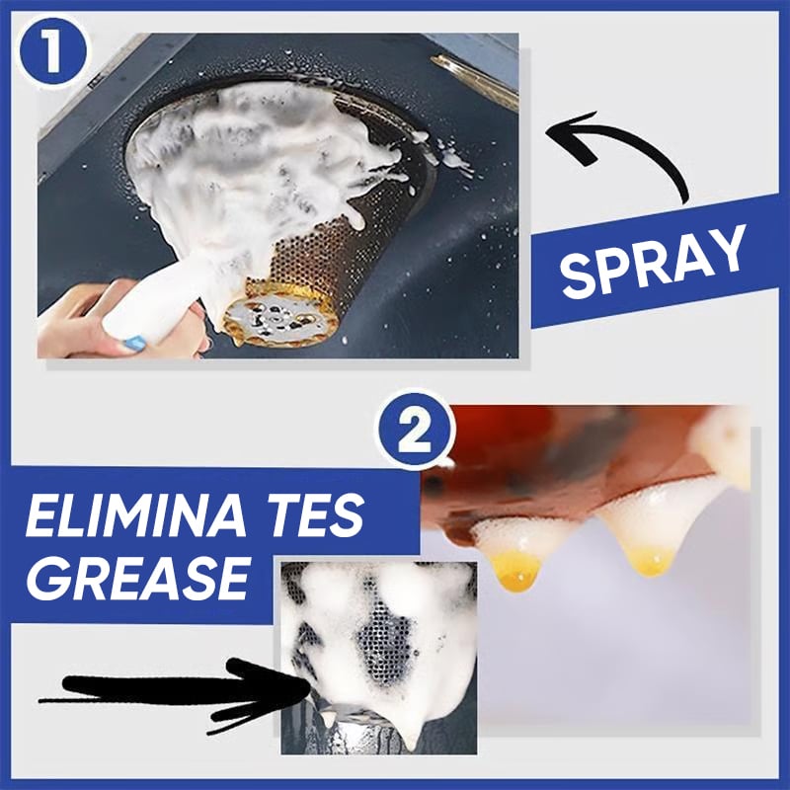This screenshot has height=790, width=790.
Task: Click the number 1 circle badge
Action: click(53, 51)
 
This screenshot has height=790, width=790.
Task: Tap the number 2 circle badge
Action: click(415, 430)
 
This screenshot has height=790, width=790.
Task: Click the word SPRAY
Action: click(653, 260)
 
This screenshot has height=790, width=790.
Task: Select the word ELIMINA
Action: click(135, 515)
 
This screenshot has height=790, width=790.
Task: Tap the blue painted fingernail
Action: click(135, 343)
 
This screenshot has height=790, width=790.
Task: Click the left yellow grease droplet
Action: click(516, 570)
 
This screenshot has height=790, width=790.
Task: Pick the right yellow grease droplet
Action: click(651, 562)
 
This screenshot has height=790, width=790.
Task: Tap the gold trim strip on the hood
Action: click(475, 82)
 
